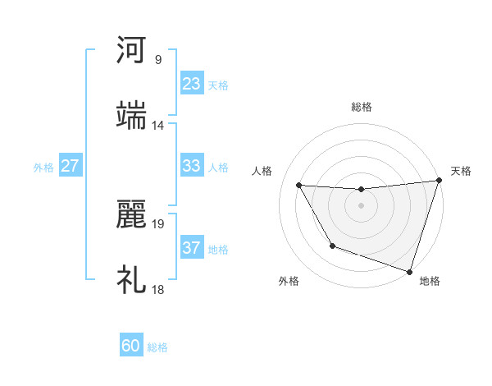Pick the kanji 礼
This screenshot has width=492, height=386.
click(131, 280)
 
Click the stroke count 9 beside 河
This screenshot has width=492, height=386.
click(158, 59)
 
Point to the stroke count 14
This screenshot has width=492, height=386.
click(158, 125)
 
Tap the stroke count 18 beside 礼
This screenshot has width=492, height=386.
click(158, 290)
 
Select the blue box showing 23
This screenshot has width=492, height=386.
click(192, 84)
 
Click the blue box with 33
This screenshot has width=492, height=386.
click(192, 166)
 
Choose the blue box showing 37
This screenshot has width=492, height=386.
click(192, 248)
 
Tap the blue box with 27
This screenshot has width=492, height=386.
click(71, 166)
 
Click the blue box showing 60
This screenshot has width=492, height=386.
click(131, 346)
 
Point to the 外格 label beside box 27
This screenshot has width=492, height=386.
click(43, 167)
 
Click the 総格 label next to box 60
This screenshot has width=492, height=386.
click(157, 347)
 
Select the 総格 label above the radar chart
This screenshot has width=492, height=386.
click(362, 107)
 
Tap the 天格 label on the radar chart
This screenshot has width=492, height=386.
click(461, 171)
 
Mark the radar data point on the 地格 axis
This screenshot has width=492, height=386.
click(409, 271)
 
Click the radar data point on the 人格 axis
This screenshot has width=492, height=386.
click(299, 186)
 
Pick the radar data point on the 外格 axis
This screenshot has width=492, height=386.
click(332, 246)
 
